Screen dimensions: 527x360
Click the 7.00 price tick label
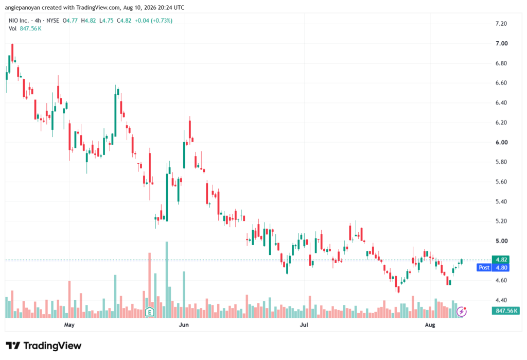tap(501, 43)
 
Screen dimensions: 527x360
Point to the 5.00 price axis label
tap(501, 241)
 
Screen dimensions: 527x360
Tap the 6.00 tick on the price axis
tap(501, 142)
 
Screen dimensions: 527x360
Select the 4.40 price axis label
tap(501, 300)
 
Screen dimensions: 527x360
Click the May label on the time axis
tap(69, 324)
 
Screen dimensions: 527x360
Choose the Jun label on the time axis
tap(184, 324)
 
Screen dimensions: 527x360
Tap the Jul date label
tap(304, 324)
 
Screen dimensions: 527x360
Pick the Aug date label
tap(430, 324)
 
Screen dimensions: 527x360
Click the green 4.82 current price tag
tap(501, 260)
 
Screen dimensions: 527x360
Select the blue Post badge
tap(484, 267)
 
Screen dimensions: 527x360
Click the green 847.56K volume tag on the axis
tap(506, 311)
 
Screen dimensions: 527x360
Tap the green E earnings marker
tap(150, 312)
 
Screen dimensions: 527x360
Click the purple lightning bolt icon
tap(462, 312)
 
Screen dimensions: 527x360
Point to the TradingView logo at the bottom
tap(44, 346)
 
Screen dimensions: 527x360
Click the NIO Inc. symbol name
tap(19, 21)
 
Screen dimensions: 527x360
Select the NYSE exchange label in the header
tap(53, 21)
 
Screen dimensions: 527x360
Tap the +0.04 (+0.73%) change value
tap(153, 21)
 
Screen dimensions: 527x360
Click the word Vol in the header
tap(12, 29)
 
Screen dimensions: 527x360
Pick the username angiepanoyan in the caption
tap(23, 7)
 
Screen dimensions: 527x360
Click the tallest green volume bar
tap(167, 280)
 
